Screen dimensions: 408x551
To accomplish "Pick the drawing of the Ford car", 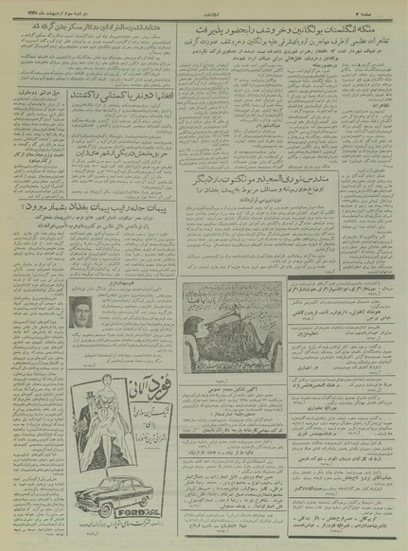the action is [105, 491].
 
